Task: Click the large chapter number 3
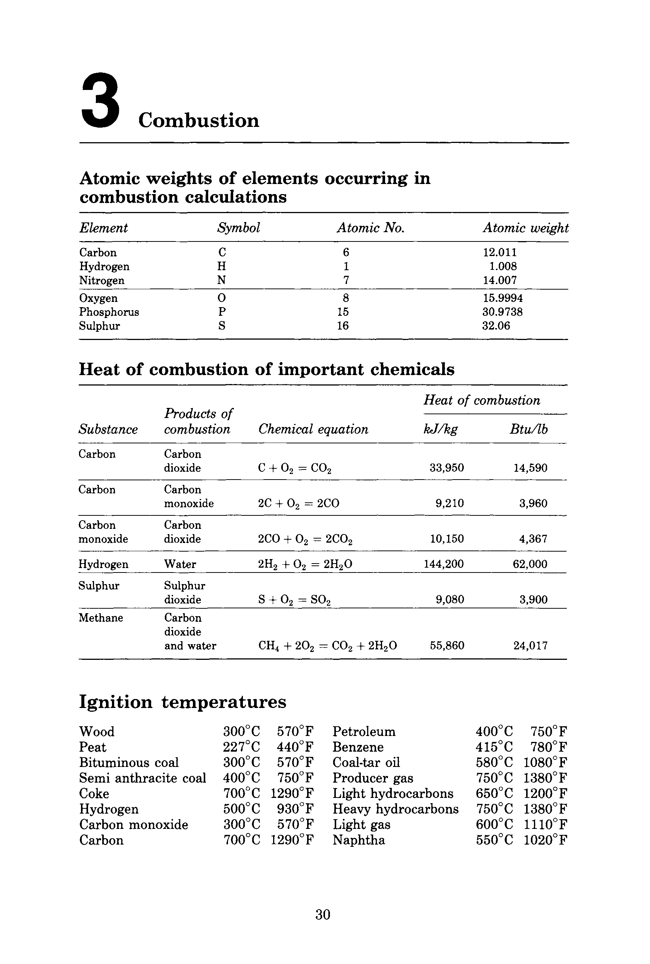pyautogui.click(x=101, y=100)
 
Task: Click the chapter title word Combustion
pyautogui.click(x=199, y=121)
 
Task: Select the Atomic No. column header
pyautogui.click(x=370, y=228)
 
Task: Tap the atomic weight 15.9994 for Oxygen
pyautogui.click(x=502, y=298)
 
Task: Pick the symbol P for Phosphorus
pyautogui.click(x=222, y=312)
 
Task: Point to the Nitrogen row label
pyautogui.click(x=101, y=280)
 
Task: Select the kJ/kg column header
pyautogui.click(x=440, y=429)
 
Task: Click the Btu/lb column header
pyautogui.click(x=528, y=429)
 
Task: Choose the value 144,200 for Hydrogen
pyautogui.click(x=444, y=564)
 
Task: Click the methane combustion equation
pyautogui.click(x=328, y=646)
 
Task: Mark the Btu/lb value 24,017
pyautogui.click(x=531, y=646)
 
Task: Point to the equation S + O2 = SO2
pyautogui.click(x=294, y=599)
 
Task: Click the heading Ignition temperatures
pyautogui.click(x=182, y=702)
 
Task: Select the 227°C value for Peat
pyautogui.click(x=241, y=747)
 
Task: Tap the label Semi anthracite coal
pyautogui.click(x=142, y=778)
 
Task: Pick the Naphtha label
pyautogui.click(x=359, y=840)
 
